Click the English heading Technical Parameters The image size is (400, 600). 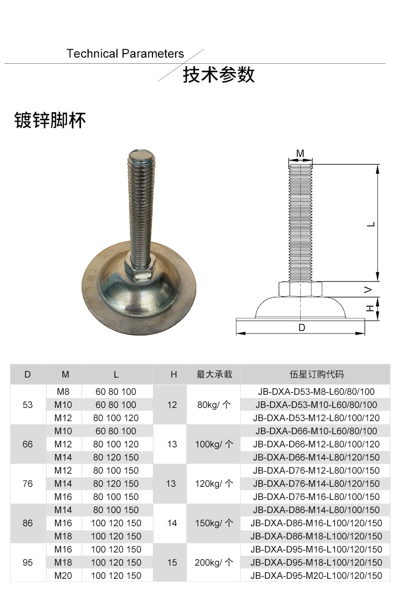click(125, 54)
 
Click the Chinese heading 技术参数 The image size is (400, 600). click(218, 75)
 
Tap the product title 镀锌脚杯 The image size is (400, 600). click(50, 120)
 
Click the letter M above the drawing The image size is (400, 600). click(300, 154)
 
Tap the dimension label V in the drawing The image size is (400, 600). click(368, 290)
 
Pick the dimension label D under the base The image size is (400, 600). click(302, 328)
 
